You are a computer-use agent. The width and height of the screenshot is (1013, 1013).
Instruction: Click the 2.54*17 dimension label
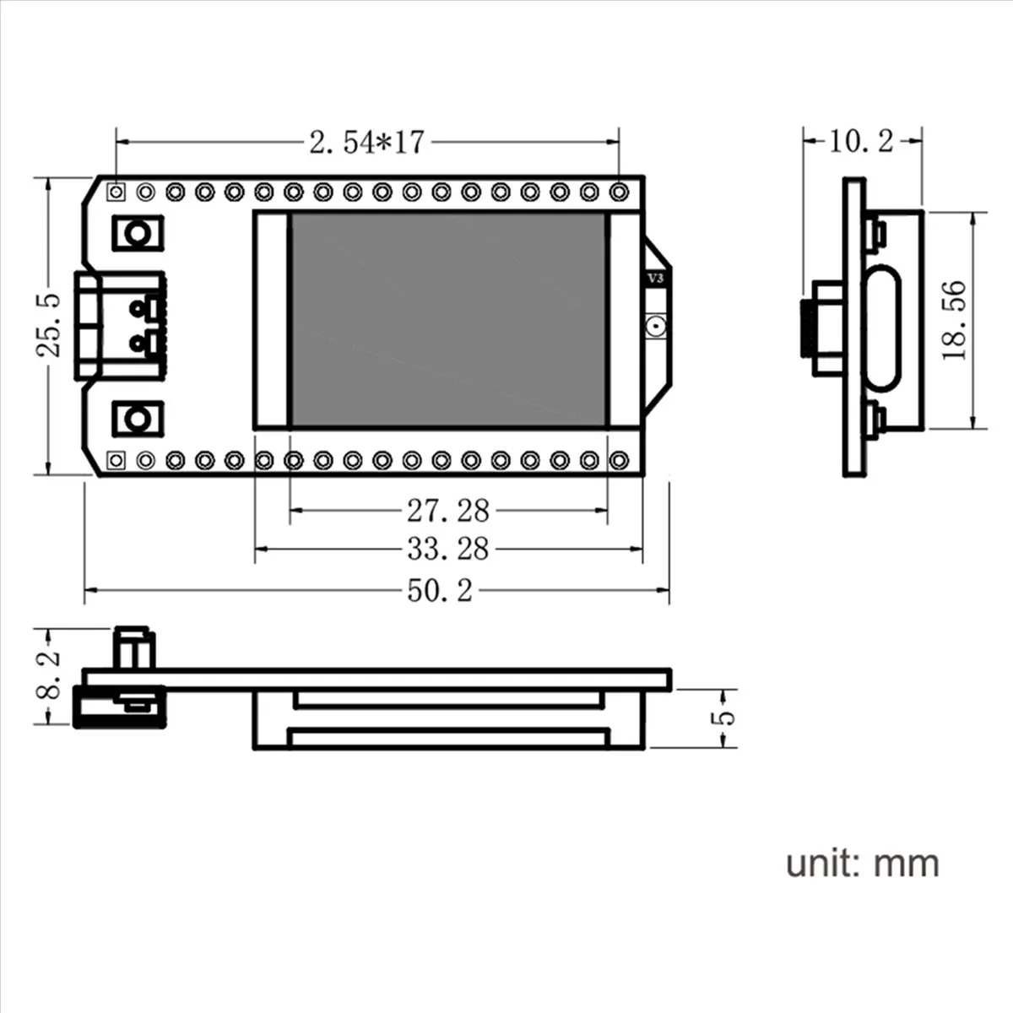[x=366, y=143]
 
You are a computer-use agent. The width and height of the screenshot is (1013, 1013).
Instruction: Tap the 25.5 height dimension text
[x=50, y=326]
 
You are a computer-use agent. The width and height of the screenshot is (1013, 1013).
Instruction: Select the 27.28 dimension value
[x=448, y=511]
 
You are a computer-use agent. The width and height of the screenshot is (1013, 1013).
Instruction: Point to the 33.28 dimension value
[x=448, y=550]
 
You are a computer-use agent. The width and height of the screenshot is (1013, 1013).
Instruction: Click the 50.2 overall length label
[x=440, y=590]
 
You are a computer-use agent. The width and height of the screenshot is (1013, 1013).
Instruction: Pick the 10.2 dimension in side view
[x=860, y=141]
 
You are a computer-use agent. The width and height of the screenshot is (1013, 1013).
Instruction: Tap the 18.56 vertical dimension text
[x=954, y=321]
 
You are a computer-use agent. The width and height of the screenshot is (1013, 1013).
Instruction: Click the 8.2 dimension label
[x=50, y=674]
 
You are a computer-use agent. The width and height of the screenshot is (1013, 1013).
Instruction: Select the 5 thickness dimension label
[x=724, y=718]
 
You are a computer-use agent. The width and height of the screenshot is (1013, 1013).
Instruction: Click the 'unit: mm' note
[x=862, y=863]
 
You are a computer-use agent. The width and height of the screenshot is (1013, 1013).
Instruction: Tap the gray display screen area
[x=447, y=320]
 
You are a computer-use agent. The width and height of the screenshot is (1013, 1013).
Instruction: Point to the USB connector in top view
[x=118, y=325]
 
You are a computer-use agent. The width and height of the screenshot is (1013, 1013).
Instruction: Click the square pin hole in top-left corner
[x=116, y=192]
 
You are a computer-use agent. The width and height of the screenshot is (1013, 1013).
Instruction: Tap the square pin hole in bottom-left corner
[x=116, y=460]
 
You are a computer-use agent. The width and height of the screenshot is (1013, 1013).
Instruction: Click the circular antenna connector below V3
[x=655, y=326]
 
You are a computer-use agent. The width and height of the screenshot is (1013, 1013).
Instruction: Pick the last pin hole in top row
[x=619, y=192]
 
